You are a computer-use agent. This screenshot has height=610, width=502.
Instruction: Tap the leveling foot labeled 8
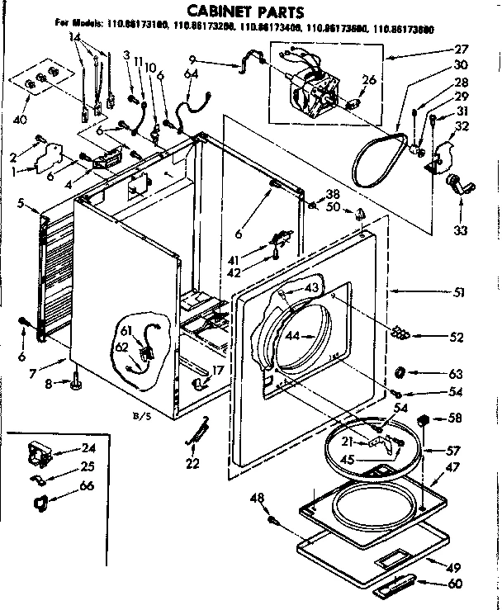77,382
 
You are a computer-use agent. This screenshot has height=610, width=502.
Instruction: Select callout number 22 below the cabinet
192,463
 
